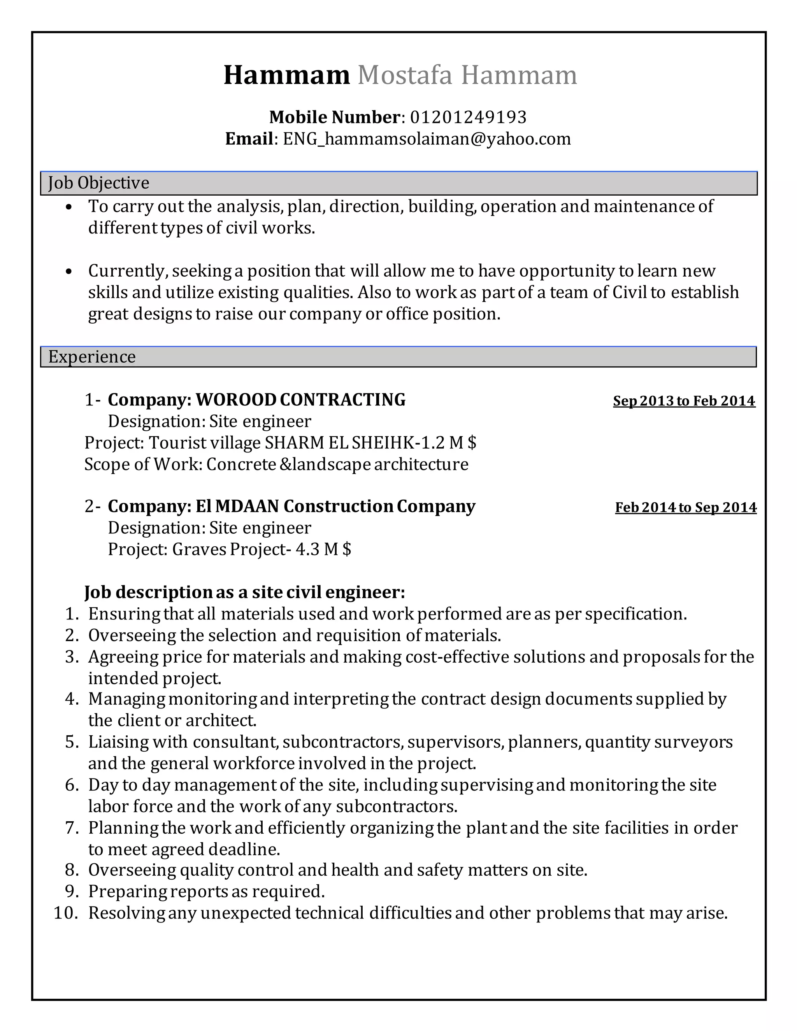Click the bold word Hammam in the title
[x=286, y=75]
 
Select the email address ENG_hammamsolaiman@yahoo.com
[x=427, y=139]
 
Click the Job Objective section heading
[x=99, y=183]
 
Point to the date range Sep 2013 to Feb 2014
[x=684, y=401]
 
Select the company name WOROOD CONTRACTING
[x=300, y=400]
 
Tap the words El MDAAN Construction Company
[x=335, y=506]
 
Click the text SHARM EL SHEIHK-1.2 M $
[x=370, y=443]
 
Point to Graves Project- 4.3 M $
[x=262, y=549]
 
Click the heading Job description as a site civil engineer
[x=244, y=592]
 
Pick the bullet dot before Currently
[x=69, y=272]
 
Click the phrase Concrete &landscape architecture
[x=337, y=465]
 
